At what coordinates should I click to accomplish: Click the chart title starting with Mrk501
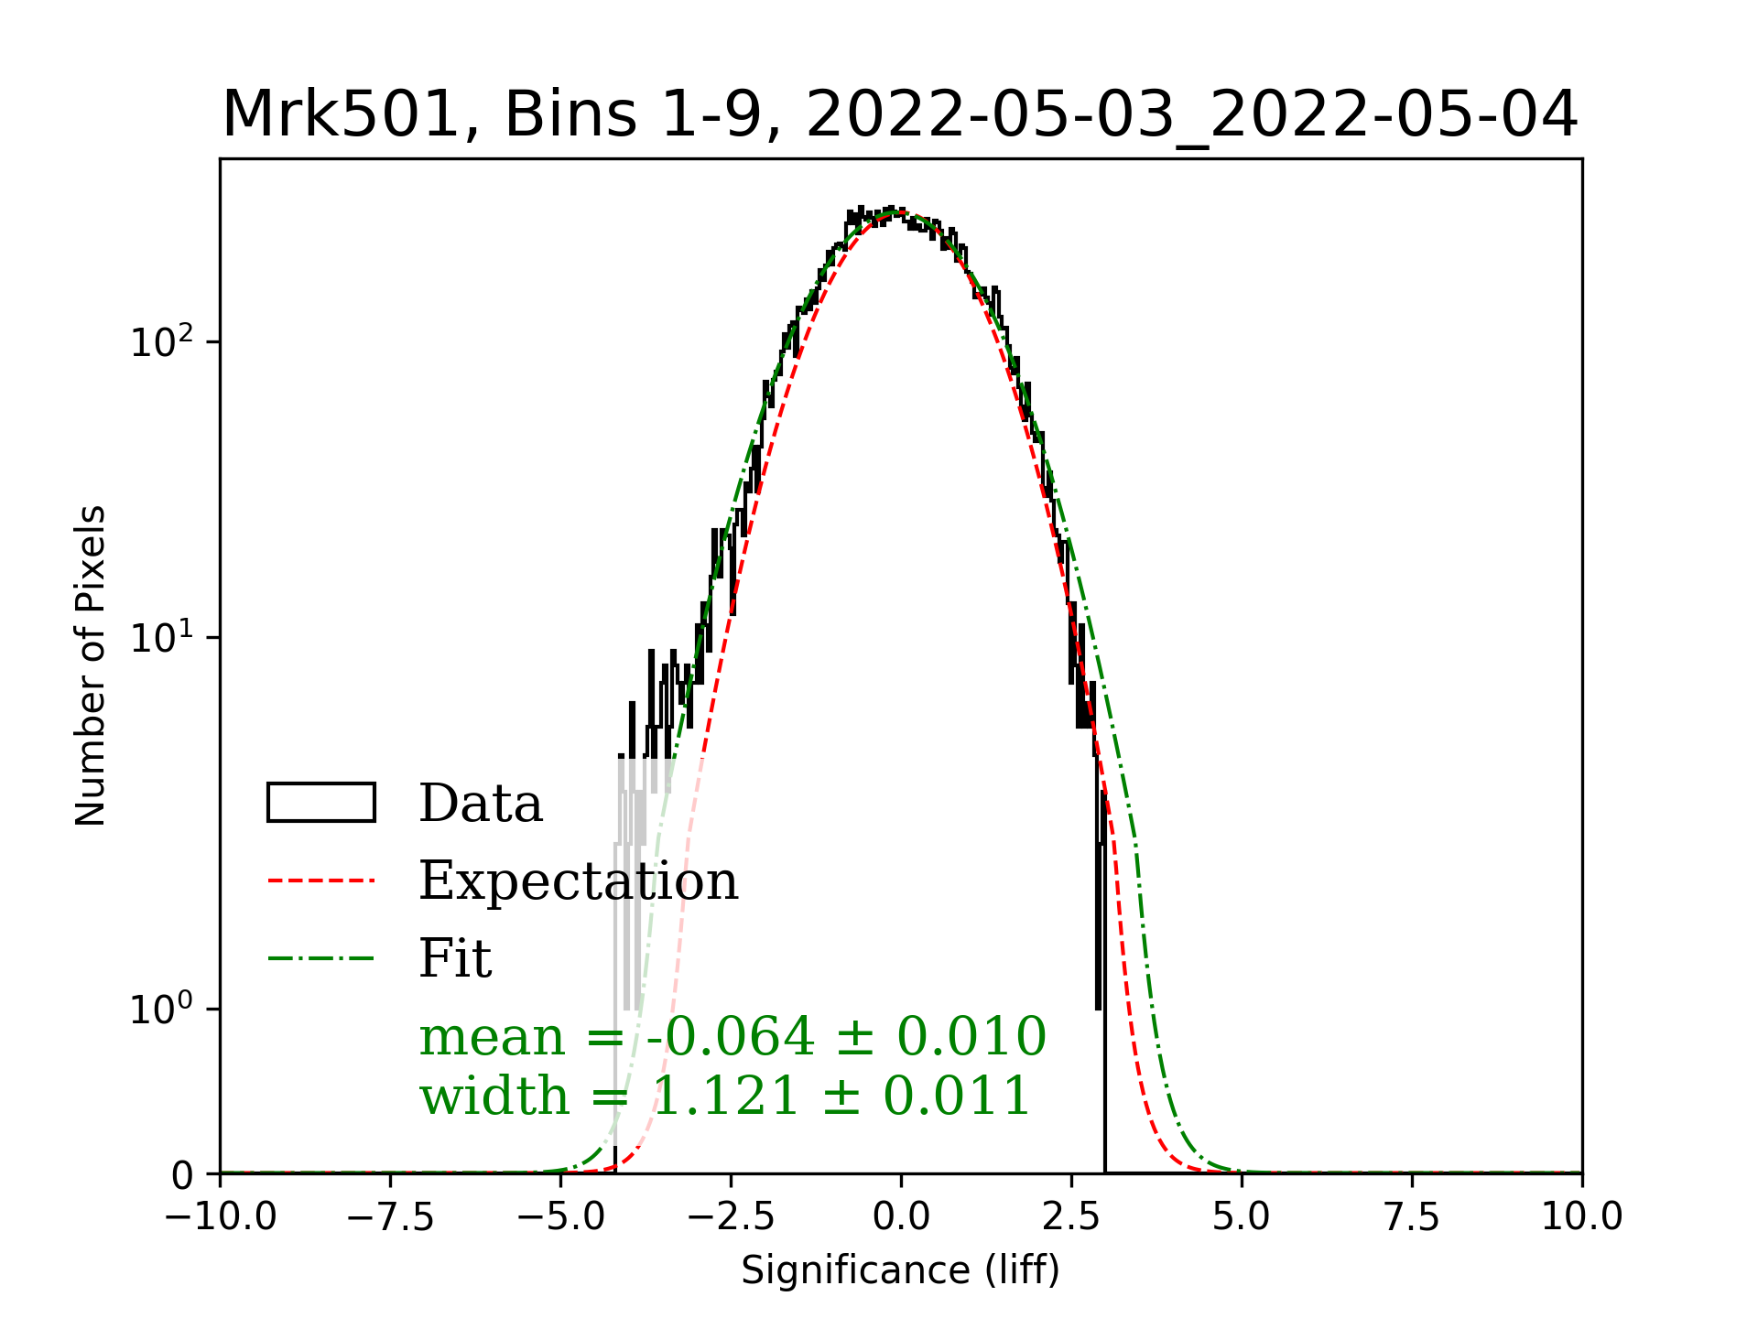[900, 115]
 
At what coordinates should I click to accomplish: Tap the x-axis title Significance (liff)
[900, 1270]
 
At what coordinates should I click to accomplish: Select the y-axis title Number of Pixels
[91, 665]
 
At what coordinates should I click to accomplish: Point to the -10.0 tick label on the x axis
[221, 1217]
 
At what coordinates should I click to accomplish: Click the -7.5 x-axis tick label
[391, 1217]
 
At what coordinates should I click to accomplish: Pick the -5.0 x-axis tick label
[561, 1217]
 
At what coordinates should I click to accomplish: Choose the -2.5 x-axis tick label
[732, 1217]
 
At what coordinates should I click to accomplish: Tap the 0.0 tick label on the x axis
[901, 1217]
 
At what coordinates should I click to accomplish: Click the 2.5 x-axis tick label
[1071, 1217]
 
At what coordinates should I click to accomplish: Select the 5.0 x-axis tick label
[1242, 1217]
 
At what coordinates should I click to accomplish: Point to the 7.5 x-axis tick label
[1412, 1217]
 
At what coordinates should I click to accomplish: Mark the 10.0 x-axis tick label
[1582, 1217]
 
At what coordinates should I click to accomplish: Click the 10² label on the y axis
[163, 343]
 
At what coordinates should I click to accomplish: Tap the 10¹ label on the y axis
[163, 638]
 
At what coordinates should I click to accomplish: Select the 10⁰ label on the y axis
[163, 1010]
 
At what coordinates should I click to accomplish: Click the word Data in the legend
[481, 804]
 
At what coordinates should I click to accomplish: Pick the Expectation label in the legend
[579, 881]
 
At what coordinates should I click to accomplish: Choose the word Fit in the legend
[455, 958]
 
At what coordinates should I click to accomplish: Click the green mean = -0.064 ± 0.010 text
[732, 1037]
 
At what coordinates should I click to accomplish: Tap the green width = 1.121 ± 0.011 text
[725, 1096]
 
